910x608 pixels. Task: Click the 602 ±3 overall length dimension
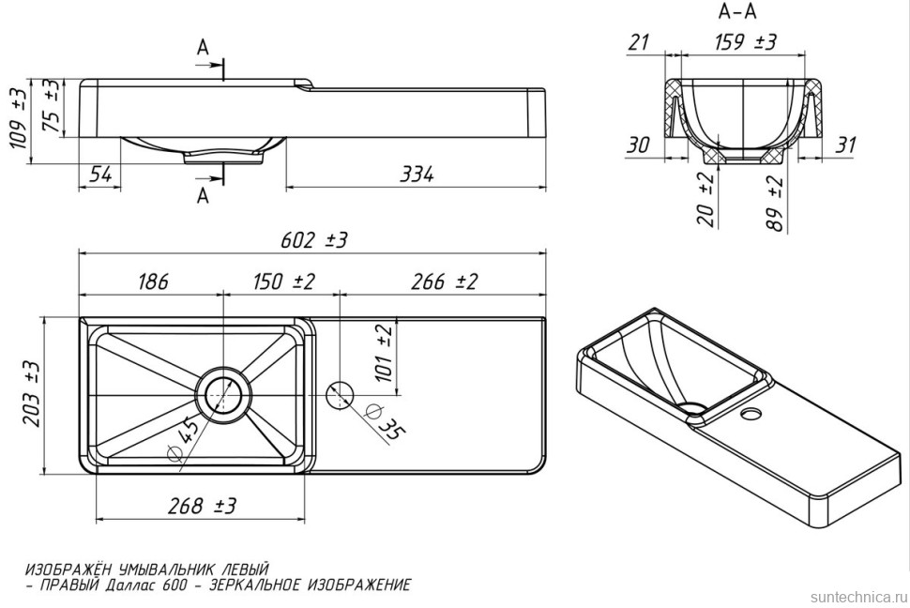tap(313, 239)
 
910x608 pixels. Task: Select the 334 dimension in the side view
tap(417, 175)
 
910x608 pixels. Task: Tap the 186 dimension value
tap(153, 281)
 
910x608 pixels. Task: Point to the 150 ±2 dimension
tap(283, 281)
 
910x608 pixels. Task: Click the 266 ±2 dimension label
tap(444, 281)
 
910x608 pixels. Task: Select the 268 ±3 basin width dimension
tap(202, 506)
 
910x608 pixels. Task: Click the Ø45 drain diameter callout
tap(182, 441)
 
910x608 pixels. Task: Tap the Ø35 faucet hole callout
tap(386, 423)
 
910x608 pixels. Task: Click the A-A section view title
tap(737, 11)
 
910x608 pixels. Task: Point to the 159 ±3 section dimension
tap(745, 42)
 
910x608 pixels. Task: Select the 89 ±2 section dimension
tap(774, 205)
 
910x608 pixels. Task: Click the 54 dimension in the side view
tap(101, 175)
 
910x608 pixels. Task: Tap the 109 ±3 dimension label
tap(19, 127)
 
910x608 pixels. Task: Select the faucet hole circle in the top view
tap(340, 395)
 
